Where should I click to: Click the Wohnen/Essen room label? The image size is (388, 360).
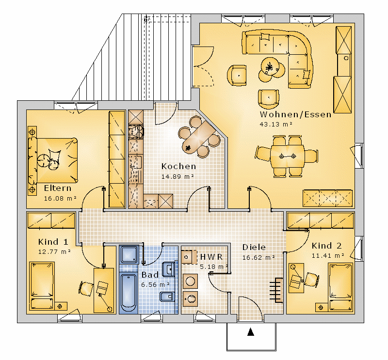[295, 114]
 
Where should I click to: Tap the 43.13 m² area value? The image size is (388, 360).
[275, 124]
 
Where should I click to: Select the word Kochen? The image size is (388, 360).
[178, 166]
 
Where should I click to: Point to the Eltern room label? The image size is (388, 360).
[58, 188]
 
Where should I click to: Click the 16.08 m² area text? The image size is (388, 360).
[60, 198]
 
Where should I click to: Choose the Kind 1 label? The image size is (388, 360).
[53, 242]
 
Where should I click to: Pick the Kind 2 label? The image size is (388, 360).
[326, 246]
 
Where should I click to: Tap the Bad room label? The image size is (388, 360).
[150, 275]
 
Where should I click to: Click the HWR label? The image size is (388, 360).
[211, 257]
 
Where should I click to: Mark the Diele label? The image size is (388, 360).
[254, 247]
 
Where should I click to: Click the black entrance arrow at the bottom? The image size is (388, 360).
[251, 332]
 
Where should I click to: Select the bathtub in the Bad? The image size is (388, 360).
[129, 293]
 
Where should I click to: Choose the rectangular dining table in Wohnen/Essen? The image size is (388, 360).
[287, 157]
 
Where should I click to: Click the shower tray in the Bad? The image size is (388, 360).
[129, 255]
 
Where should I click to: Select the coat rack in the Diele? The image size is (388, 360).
[276, 290]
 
